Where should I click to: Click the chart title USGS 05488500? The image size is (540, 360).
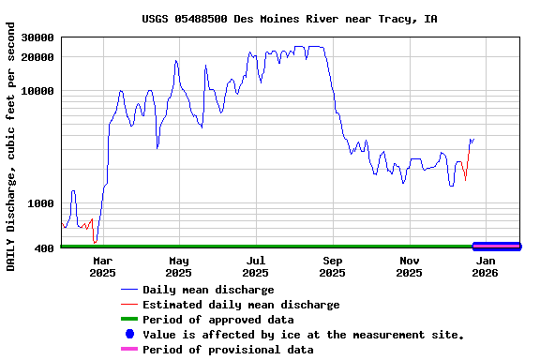point(290,19)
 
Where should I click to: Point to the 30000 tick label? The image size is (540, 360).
point(37,38)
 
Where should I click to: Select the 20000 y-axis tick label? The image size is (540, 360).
point(37,58)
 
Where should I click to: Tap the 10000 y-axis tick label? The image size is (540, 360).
point(37,92)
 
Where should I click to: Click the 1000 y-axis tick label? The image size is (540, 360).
point(40,203)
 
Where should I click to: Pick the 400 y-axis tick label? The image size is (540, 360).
point(44,248)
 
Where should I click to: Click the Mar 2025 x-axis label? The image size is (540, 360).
point(102,266)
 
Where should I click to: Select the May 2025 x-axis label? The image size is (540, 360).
point(178,266)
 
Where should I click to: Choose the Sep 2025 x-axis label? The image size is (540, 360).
point(333,266)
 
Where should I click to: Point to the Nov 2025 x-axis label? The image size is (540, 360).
point(409,266)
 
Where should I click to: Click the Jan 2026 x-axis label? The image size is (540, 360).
point(485,266)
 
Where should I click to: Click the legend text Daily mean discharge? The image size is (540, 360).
point(208,290)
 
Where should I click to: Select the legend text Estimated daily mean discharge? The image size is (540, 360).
point(241,305)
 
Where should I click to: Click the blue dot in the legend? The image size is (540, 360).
point(129,335)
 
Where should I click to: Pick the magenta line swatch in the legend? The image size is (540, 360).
point(129,350)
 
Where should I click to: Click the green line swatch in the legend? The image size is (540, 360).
point(129,320)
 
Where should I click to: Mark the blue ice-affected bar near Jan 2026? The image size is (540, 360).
point(497,246)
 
